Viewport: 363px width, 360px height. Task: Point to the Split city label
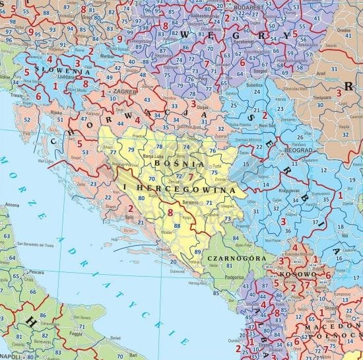pos(131,216)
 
